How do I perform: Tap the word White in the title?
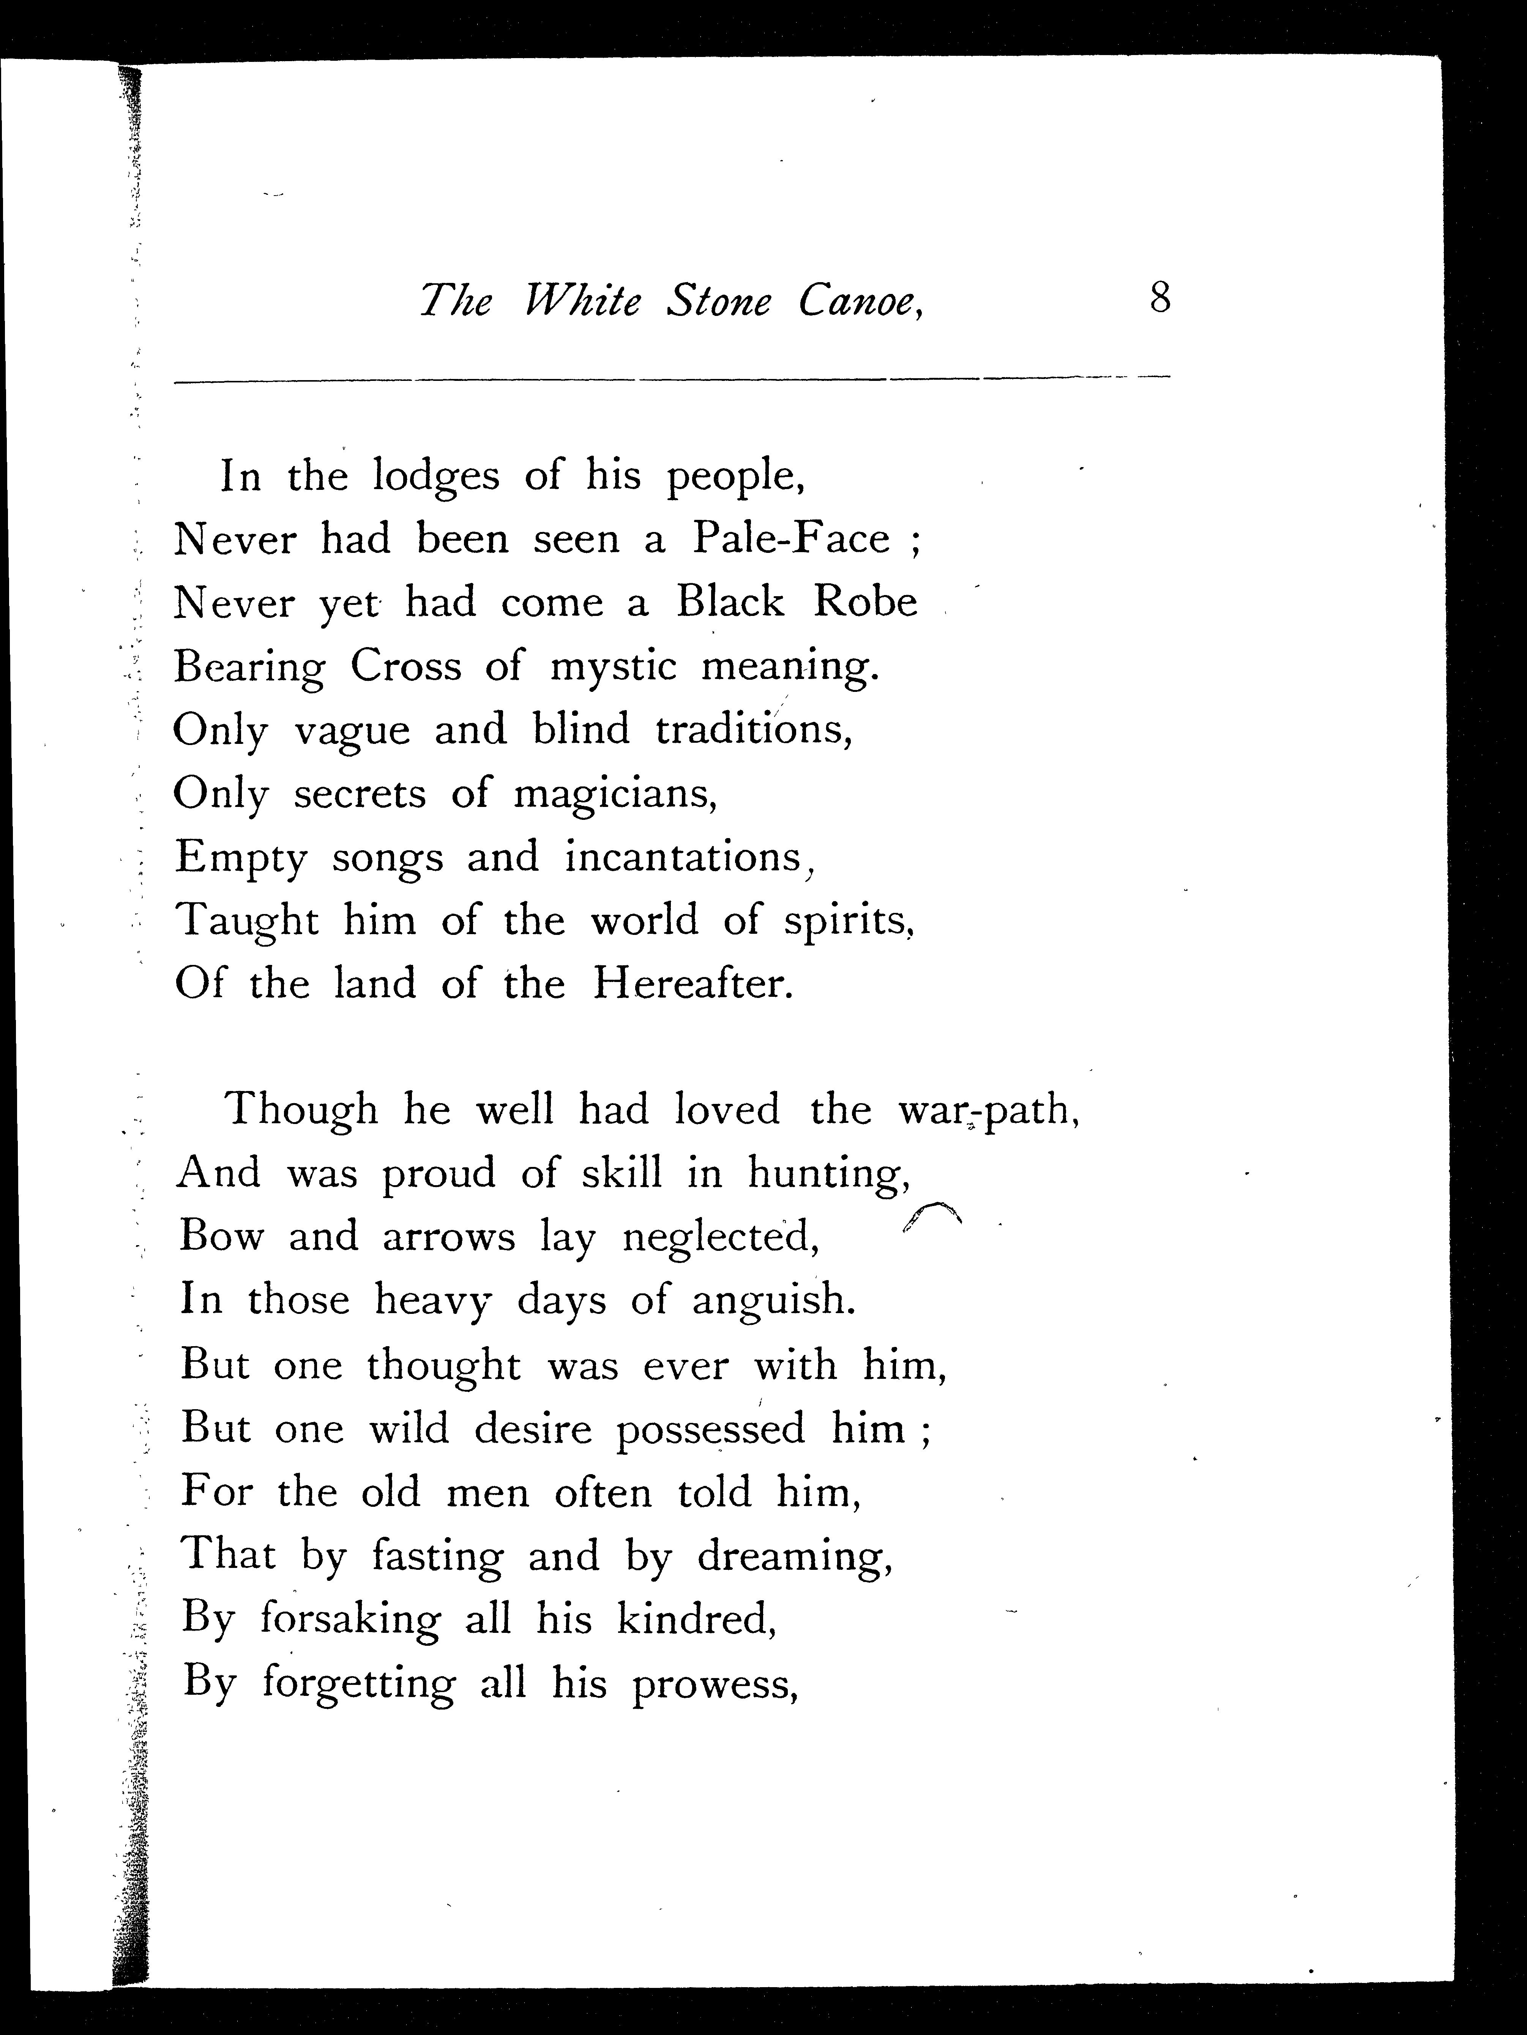(581, 301)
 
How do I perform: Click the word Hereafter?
(691, 984)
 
